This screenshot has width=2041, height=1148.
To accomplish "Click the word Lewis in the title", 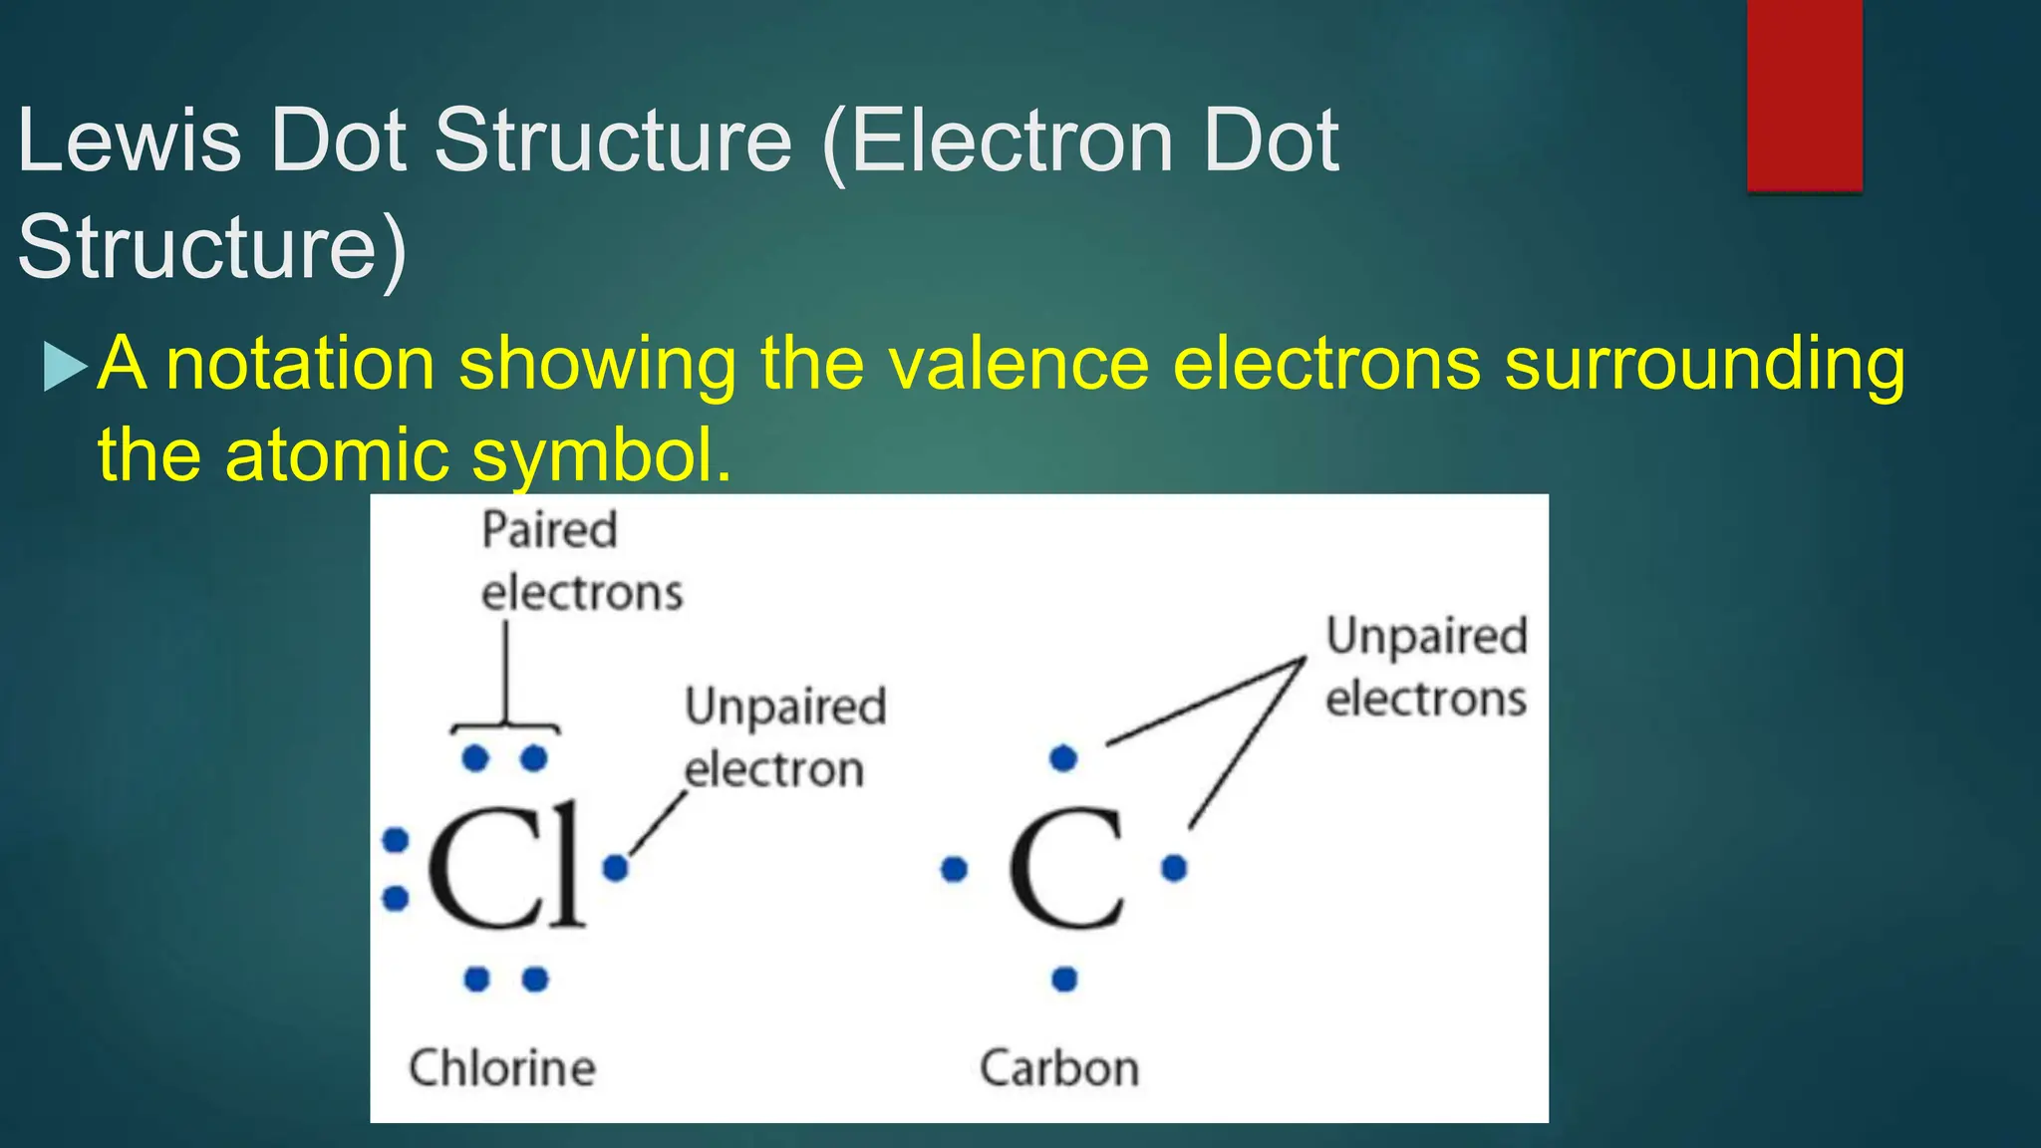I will click(130, 142).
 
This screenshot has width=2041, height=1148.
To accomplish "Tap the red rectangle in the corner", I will click(1804, 95).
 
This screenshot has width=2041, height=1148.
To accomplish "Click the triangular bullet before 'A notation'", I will click(65, 366).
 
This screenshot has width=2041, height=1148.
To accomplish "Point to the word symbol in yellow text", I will click(592, 455).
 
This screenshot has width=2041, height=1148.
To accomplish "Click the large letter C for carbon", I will click(1064, 869).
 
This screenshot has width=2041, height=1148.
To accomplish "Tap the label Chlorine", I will click(502, 1068).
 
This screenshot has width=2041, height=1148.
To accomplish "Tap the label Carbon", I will click(1059, 1068).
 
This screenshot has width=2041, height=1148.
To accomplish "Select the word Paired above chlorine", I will click(549, 530).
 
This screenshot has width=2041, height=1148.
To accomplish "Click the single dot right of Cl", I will click(616, 868).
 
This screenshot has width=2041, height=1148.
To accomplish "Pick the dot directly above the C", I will click(1063, 758).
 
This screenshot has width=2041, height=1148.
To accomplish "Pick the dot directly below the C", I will click(1064, 980).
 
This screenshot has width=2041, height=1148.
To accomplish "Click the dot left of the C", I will click(954, 869).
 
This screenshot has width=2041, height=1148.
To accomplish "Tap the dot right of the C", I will click(1175, 868).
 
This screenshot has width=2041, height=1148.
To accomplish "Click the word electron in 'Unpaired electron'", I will click(774, 770).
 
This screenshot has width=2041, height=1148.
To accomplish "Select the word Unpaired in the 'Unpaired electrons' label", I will click(1426, 637).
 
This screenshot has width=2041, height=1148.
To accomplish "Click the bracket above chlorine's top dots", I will click(505, 724).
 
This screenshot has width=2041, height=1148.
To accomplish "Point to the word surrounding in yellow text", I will click(1704, 364).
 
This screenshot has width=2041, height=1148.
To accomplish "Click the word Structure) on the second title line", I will click(212, 247).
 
